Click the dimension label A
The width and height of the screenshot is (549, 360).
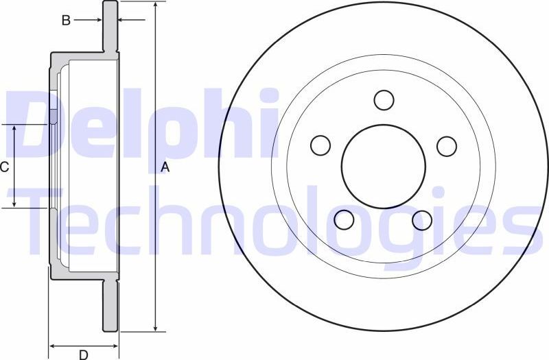[x=165, y=167]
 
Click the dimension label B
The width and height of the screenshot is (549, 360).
[x=66, y=21]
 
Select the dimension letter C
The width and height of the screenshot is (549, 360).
[x=4, y=167]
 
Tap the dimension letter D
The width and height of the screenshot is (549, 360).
[x=83, y=354]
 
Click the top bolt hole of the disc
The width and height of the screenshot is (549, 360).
[x=384, y=99]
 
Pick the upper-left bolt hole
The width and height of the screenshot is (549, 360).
[x=320, y=145]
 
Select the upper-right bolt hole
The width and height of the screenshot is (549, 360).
[x=447, y=145]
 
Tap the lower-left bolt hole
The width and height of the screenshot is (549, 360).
[x=344, y=219]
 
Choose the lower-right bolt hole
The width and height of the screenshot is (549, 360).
[x=422, y=219]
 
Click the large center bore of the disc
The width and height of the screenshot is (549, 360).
[x=384, y=167]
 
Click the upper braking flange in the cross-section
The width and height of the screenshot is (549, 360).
[x=110, y=27]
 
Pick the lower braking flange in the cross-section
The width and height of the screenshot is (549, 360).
[x=110, y=305]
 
